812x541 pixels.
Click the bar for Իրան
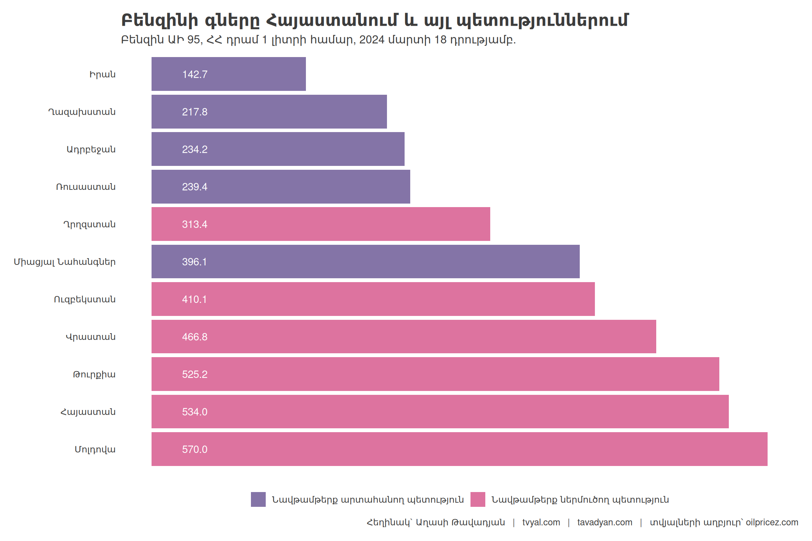pyautogui.click(x=228, y=74)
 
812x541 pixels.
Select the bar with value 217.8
pyautogui.click(x=269, y=112)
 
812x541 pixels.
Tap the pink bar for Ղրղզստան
pyautogui.click(x=321, y=224)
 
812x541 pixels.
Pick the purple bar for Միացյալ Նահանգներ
pyautogui.click(x=365, y=262)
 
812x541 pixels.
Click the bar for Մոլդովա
pyautogui.click(x=459, y=449)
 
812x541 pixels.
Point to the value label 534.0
pyautogui.click(x=195, y=412)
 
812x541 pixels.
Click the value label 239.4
pyautogui.click(x=195, y=187)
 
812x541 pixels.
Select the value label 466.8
pyautogui.click(x=195, y=337)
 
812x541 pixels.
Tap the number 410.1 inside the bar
pyautogui.click(x=194, y=299)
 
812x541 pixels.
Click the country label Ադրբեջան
pyautogui.click(x=91, y=149)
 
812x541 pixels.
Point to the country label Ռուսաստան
pyautogui.click(x=86, y=187)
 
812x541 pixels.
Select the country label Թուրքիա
pyautogui.click(x=94, y=374)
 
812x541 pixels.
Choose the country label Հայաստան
pyautogui.click(x=88, y=412)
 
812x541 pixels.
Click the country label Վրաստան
pyautogui.click(x=91, y=337)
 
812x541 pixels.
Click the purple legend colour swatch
pyautogui.click(x=258, y=499)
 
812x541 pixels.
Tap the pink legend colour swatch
pyautogui.click(x=478, y=499)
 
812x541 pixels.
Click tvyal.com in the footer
pyautogui.click(x=541, y=522)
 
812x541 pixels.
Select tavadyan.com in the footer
pyautogui.click(x=604, y=522)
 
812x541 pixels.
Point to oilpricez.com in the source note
pyautogui.click(x=772, y=522)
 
